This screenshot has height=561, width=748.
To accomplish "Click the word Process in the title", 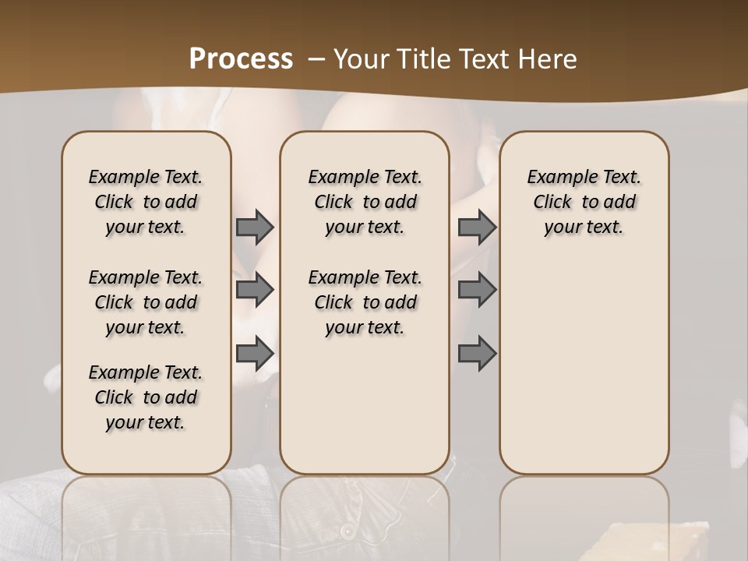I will click(x=241, y=59).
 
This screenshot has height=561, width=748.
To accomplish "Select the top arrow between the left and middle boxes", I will click(x=255, y=227).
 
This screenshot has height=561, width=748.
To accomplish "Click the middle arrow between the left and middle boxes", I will click(x=255, y=290).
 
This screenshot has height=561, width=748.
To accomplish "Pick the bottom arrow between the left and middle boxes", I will click(x=255, y=354).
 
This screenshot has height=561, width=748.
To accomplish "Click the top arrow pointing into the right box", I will click(x=477, y=227).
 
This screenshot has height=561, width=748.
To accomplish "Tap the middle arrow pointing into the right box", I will click(x=477, y=290).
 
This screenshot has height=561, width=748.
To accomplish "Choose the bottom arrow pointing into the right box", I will click(x=477, y=354).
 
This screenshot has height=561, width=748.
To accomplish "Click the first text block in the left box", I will click(x=146, y=202).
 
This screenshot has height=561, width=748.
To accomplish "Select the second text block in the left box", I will click(x=146, y=302).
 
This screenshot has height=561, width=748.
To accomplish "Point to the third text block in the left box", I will click(x=146, y=397).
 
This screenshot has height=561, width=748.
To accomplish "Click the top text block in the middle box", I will click(x=365, y=202).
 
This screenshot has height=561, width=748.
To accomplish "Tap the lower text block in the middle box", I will click(x=365, y=302).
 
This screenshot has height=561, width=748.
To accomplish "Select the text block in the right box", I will click(x=584, y=202).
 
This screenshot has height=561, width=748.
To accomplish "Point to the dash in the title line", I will click(x=317, y=59).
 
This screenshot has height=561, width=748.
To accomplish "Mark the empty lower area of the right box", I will click(x=584, y=358).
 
